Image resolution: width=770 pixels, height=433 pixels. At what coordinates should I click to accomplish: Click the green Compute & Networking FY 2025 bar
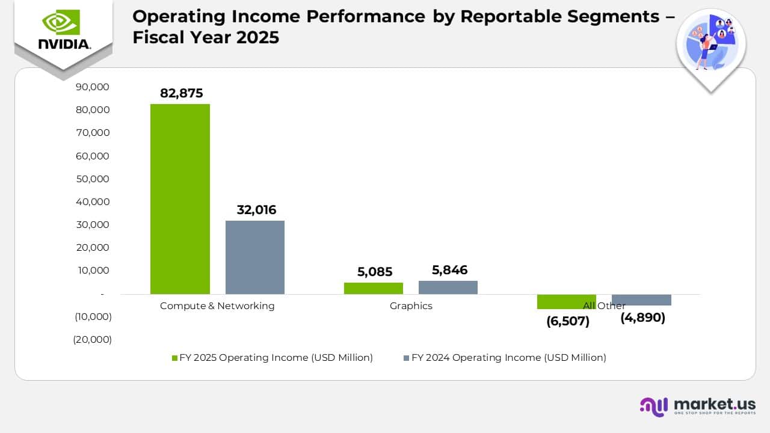click(180, 198)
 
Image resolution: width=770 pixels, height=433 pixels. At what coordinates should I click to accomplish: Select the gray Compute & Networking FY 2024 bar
click(255, 257)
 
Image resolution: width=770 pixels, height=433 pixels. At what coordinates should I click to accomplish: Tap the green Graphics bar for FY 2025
click(374, 288)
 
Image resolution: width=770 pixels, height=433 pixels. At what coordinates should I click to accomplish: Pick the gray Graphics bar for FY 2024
click(448, 287)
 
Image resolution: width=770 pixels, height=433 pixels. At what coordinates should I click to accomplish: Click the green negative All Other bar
click(566, 301)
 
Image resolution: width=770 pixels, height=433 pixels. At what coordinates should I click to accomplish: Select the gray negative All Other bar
click(641, 299)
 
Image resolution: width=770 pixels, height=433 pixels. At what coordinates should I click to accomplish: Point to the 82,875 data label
click(181, 93)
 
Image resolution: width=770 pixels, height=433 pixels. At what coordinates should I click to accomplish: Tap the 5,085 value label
click(374, 272)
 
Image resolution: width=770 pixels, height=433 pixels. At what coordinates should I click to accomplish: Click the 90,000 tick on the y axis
click(94, 87)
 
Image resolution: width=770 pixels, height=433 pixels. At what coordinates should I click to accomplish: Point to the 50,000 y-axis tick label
click(94, 179)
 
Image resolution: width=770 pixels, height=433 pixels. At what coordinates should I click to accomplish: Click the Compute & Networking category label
click(217, 306)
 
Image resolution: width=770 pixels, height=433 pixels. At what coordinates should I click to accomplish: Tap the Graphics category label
click(411, 306)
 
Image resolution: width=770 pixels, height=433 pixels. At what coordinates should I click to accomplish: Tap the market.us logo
click(698, 405)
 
